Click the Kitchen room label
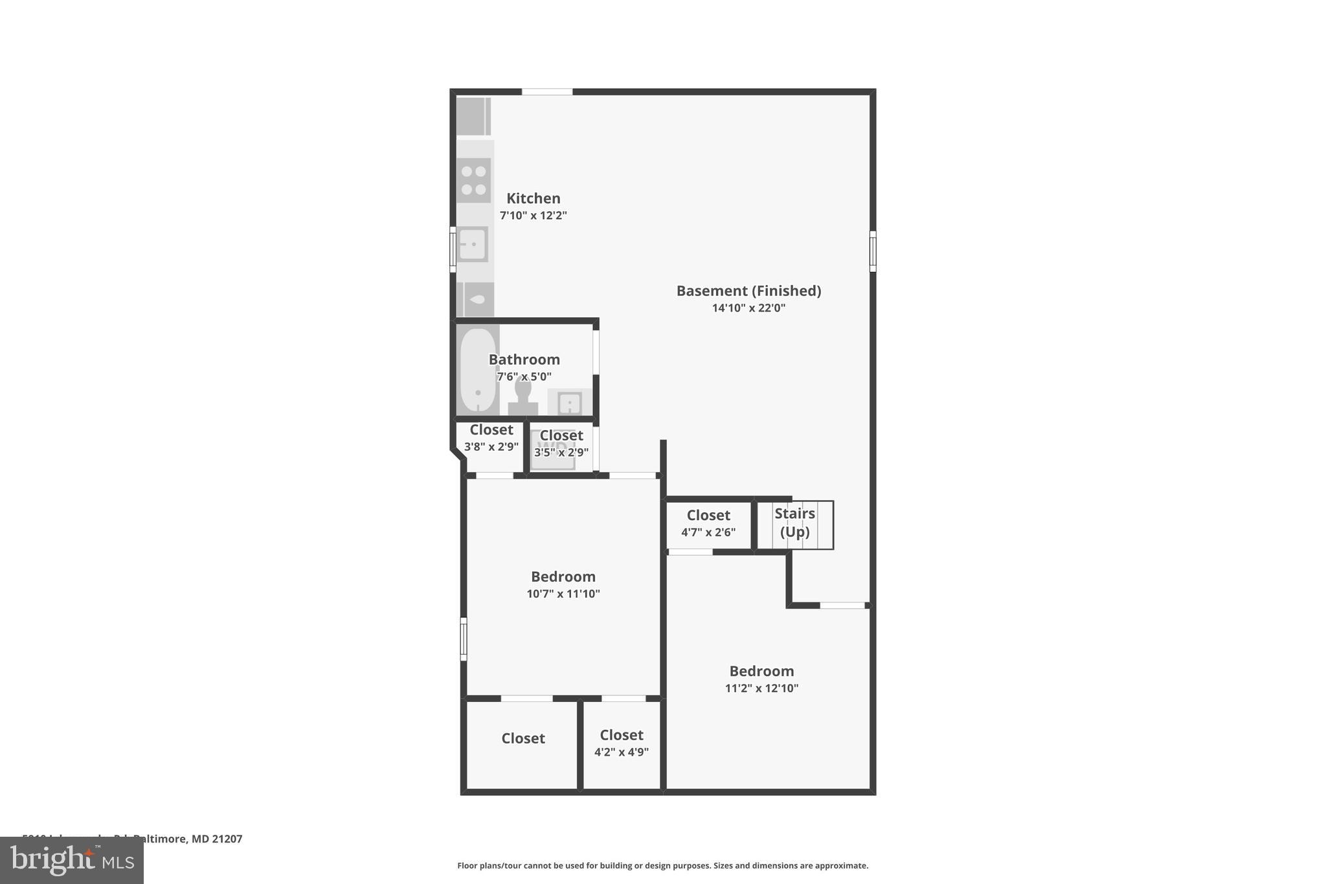[x=533, y=198]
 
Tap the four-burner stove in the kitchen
[x=474, y=181]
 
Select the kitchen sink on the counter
[x=473, y=245]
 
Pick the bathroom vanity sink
[x=569, y=403]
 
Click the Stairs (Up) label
[x=794, y=523]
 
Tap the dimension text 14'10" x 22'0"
[x=748, y=308]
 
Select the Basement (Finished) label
[x=748, y=291]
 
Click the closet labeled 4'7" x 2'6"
[x=708, y=523]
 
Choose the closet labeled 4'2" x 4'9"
[x=621, y=743]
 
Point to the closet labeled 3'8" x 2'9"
[x=491, y=438]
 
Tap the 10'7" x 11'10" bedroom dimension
[x=563, y=594]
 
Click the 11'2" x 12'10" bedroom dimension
[x=761, y=688]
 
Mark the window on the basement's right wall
[x=872, y=251]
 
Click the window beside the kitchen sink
[x=453, y=249]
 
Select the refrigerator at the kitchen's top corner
[x=473, y=116]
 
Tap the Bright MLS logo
[x=71, y=860]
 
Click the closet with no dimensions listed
[x=523, y=739]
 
